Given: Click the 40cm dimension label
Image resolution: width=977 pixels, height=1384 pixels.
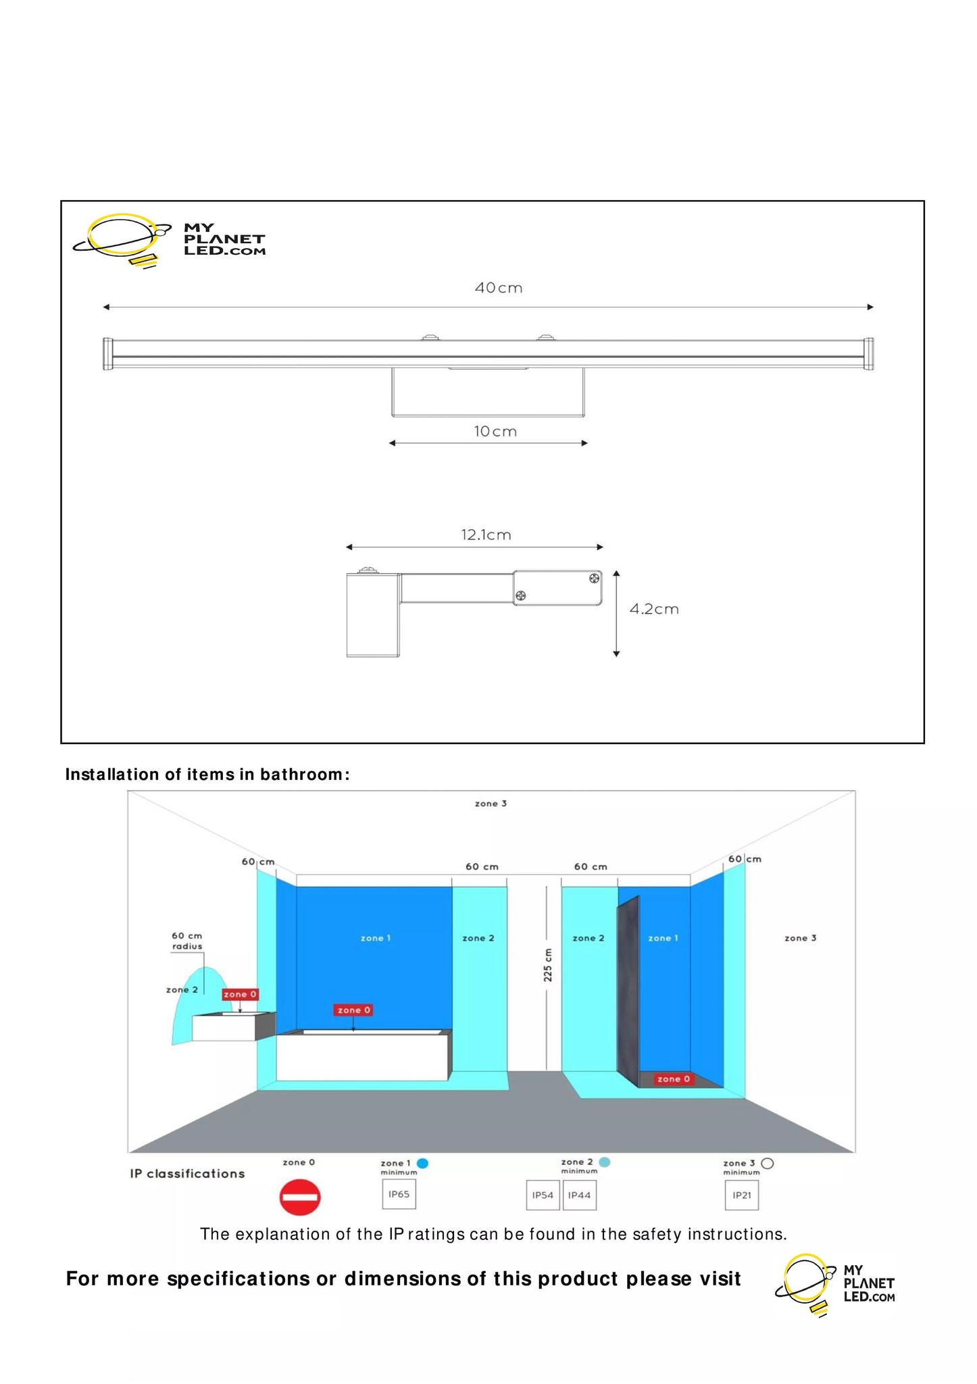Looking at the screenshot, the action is [x=498, y=288].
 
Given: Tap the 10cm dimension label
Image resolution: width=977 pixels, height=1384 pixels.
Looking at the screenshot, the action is [x=495, y=431].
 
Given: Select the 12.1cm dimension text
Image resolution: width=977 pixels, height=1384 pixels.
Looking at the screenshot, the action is [x=486, y=535].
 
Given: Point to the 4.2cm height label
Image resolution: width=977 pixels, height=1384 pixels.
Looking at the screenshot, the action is [x=653, y=609].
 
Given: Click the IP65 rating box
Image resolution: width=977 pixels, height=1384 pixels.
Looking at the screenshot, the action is [x=399, y=1194].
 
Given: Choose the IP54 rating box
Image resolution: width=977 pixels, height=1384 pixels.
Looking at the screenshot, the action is [x=543, y=1195].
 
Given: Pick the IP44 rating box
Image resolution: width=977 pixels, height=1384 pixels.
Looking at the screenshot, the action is [x=579, y=1195].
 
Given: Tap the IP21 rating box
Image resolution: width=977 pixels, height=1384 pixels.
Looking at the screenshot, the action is [x=741, y=1195].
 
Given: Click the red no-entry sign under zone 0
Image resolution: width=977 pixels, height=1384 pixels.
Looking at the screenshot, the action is [x=299, y=1197].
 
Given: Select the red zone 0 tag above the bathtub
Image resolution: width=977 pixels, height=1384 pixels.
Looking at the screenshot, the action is [x=353, y=1010].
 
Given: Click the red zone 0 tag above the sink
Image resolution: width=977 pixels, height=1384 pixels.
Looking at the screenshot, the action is [x=240, y=994].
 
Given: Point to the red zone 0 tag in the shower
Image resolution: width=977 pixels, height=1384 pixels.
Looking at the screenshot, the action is [x=673, y=1079].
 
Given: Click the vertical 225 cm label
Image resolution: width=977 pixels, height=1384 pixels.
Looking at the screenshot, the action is [x=548, y=964].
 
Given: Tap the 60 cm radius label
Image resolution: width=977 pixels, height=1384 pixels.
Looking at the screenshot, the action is [x=186, y=941].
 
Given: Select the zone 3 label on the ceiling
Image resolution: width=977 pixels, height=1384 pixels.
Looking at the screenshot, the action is [x=491, y=804].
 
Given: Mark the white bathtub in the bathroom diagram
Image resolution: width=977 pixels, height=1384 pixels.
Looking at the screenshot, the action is [x=361, y=1056].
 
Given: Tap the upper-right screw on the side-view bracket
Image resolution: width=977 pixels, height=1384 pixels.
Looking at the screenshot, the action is [x=594, y=578].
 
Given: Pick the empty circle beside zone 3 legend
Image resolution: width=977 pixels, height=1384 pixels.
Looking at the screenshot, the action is [x=767, y=1163].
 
